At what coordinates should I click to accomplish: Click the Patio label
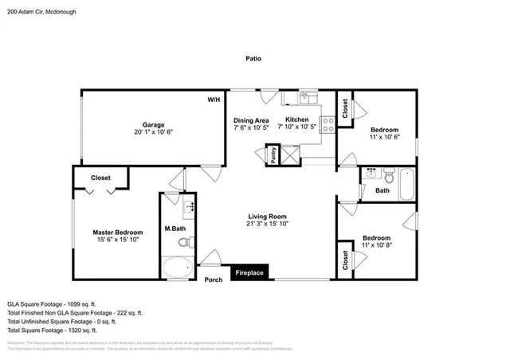(253, 59)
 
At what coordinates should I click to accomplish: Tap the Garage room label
(153, 125)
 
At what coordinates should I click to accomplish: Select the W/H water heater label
(214, 100)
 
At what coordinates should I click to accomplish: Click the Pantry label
(273, 156)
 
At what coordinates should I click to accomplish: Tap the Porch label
(214, 280)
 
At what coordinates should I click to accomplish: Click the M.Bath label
(175, 229)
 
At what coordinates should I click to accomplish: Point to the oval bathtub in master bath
(176, 267)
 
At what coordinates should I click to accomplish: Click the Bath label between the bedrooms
(382, 190)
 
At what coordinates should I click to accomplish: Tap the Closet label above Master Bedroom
(100, 178)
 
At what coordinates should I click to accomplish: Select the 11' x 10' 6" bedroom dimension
(384, 138)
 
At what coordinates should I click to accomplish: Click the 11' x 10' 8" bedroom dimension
(377, 246)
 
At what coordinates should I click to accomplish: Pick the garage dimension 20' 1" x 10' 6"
(153, 133)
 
